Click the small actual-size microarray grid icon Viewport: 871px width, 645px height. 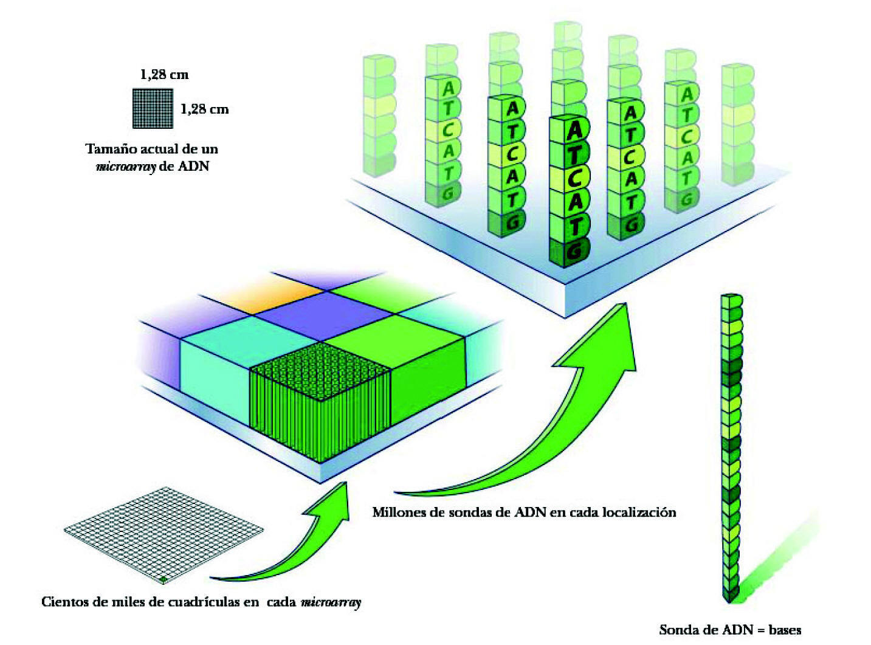[x=153, y=108]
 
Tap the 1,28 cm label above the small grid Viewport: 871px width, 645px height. [x=164, y=75]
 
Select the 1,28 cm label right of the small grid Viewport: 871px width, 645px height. [x=204, y=109]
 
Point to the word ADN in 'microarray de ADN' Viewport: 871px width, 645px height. [x=193, y=166]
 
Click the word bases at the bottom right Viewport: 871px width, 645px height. [x=785, y=630]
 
